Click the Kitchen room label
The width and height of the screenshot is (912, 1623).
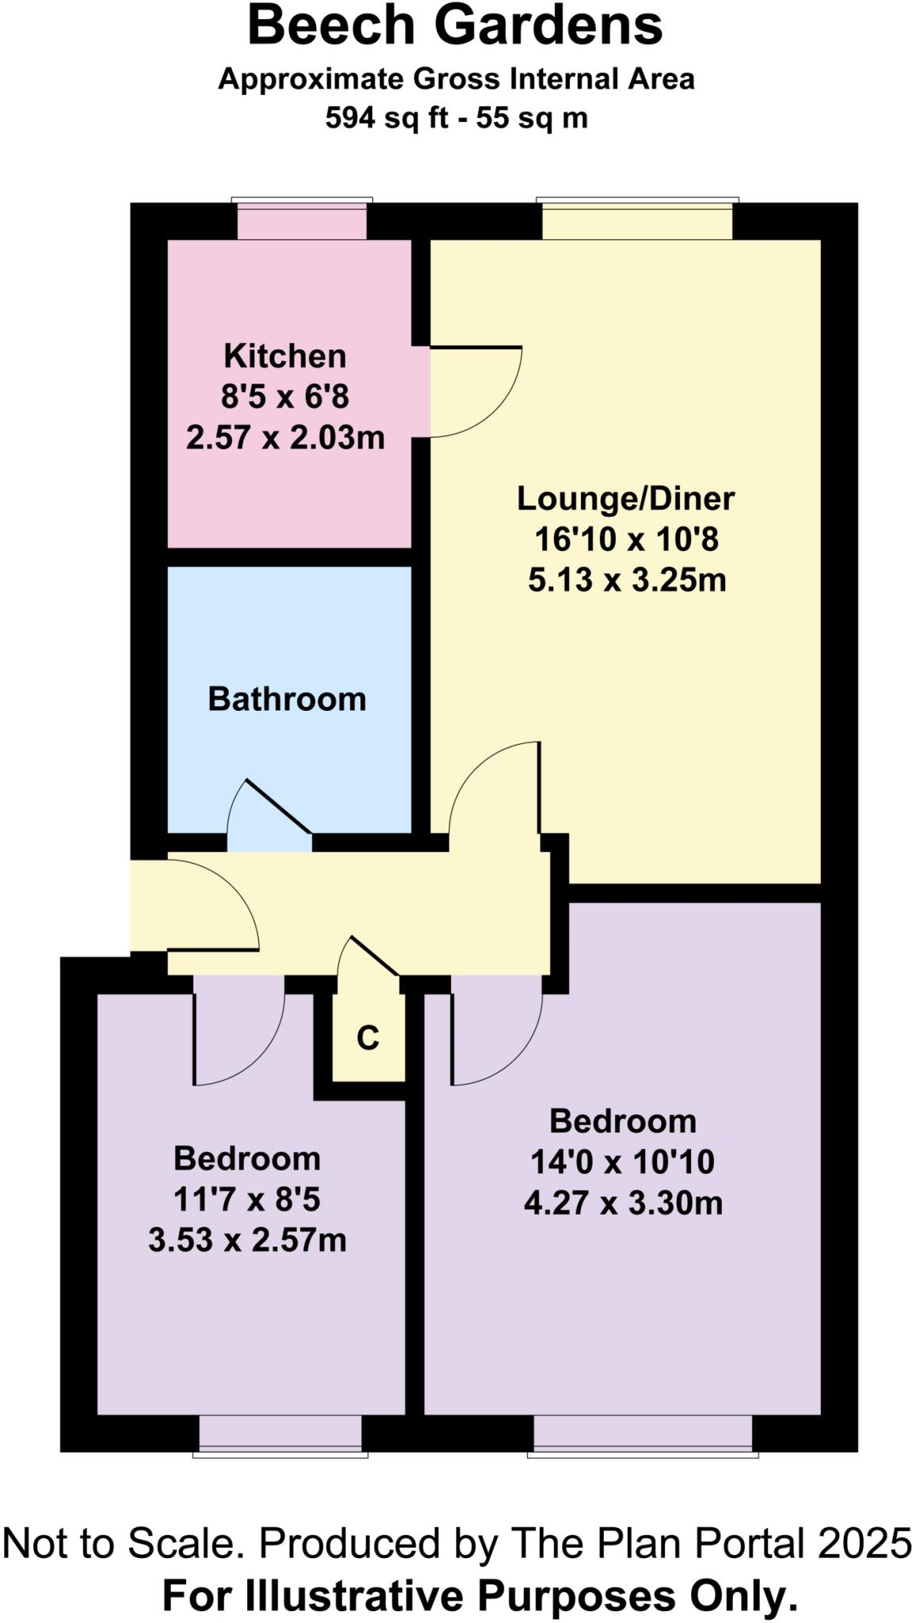[x=284, y=357]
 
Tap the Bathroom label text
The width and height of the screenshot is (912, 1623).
[x=287, y=700]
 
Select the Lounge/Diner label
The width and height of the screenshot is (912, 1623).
[x=626, y=498]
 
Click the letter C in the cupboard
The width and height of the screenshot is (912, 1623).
[x=368, y=1037]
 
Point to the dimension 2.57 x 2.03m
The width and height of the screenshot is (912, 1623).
[x=285, y=437]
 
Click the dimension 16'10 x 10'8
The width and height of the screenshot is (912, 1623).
[x=626, y=540]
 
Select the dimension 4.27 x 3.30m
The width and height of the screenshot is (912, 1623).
[x=623, y=1203]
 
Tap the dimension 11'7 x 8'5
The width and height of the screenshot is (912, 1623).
[x=247, y=1199]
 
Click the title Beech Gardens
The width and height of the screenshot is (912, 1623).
[x=455, y=25]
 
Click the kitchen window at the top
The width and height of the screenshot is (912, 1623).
[x=302, y=220]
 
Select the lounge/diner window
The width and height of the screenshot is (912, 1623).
[x=637, y=220]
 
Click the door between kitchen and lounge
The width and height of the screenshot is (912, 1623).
[x=475, y=392]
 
